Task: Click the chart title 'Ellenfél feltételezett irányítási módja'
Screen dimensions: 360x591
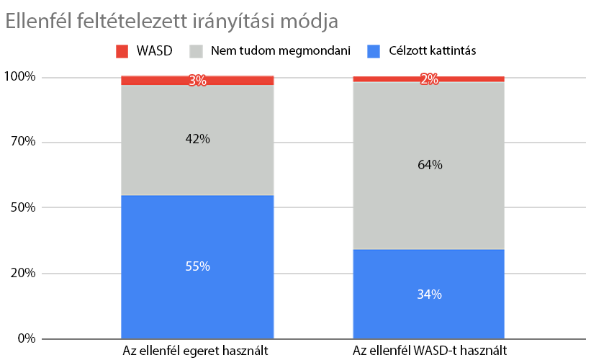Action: pyautogui.click(x=171, y=22)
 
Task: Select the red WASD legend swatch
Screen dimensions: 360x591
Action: pyautogui.click(x=122, y=51)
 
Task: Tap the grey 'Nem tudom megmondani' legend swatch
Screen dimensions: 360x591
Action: pyautogui.click(x=196, y=51)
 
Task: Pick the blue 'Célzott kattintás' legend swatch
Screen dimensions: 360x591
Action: pyautogui.click(x=374, y=51)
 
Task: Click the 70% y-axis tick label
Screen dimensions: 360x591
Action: pyautogui.click(x=22, y=142)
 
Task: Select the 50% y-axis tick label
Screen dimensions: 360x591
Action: pyautogui.click(x=22, y=207)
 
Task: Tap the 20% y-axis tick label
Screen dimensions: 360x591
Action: pyautogui.click(x=22, y=273)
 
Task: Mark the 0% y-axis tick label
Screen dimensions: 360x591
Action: pyautogui.click(x=25, y=338)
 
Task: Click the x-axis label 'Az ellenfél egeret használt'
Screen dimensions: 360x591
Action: pyautogui.click(x=197, y=351)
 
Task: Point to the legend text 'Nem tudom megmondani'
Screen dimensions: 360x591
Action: pyautogui.click(x=281, y=51)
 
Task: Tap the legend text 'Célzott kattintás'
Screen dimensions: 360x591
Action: pyautogui.click(x=432, y=51)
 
